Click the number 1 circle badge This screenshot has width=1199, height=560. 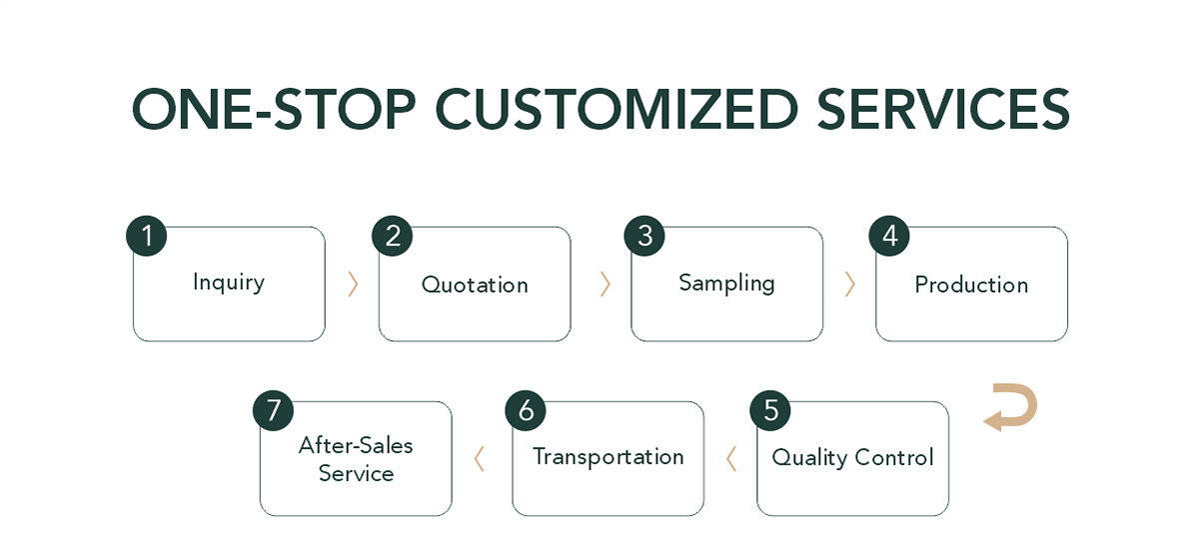pos(146,237)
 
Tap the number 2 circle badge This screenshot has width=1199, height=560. pos(392,237)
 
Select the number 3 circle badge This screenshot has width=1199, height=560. pos(644,237)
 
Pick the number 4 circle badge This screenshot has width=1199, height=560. pos(889,237)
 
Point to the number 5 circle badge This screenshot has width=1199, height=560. pos(770,411)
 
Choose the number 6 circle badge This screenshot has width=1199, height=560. pos(526,411)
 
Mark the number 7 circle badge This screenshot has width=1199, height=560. pos(273,411)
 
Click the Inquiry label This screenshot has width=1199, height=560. pos(229,283)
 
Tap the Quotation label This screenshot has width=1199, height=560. pos(475,285)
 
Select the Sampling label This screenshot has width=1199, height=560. pos(726,283)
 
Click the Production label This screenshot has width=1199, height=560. pos(971,285)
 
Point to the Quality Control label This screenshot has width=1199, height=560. pos(852,458)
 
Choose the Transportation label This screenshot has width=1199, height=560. pos(607,457)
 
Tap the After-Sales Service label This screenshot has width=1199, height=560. pos(356,459)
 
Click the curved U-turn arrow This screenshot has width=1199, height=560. pos(1011,408)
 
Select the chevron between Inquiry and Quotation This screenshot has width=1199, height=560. pos(352,284)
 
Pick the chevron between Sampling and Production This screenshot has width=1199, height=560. pos(849,284)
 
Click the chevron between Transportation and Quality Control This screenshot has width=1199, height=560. pos(730,458)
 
